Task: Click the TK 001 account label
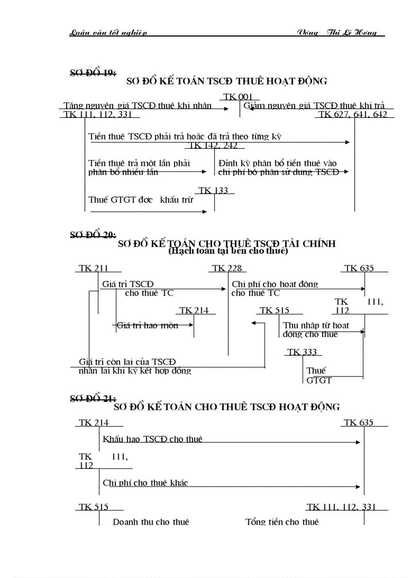click(237, 97)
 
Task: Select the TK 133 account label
click(213, 190)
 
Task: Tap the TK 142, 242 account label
click(213, 145)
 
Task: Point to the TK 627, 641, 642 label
click(353, 114)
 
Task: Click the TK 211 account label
click(94, 268)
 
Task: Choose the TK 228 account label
click(226, 268)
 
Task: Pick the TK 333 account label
click(302, 352)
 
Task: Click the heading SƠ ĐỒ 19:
click(93, 72)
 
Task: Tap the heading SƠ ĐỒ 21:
click(93, 398)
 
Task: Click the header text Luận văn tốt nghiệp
click(108, 33)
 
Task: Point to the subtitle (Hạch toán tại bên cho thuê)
click(227, 252)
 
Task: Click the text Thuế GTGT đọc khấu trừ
click(141, 199)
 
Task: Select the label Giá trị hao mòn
click(147, 325)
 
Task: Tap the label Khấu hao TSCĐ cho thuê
click(152, 439)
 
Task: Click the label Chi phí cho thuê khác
click(145, 483)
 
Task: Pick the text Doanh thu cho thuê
click(151, 521)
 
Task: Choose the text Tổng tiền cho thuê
click(282, 521)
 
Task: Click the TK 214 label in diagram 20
click(194, 310)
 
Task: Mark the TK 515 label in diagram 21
click(94, 507)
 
